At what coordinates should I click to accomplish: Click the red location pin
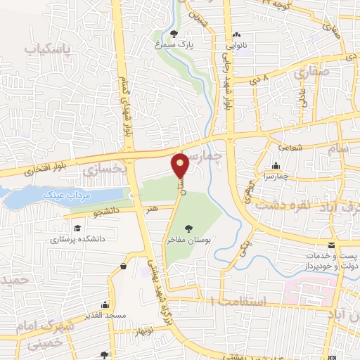[181, 166]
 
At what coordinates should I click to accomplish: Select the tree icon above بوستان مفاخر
[188, 228]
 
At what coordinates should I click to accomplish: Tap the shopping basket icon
[124, 265]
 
